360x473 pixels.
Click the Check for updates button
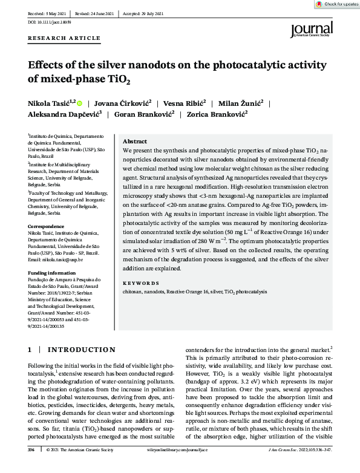click(x=336, y=4)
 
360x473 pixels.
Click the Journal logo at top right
click(x=311, y=29)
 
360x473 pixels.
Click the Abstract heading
click(x=135, y=140)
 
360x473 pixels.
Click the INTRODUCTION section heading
click(x=81, y=350)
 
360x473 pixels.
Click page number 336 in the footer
click(x=31, y=467)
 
